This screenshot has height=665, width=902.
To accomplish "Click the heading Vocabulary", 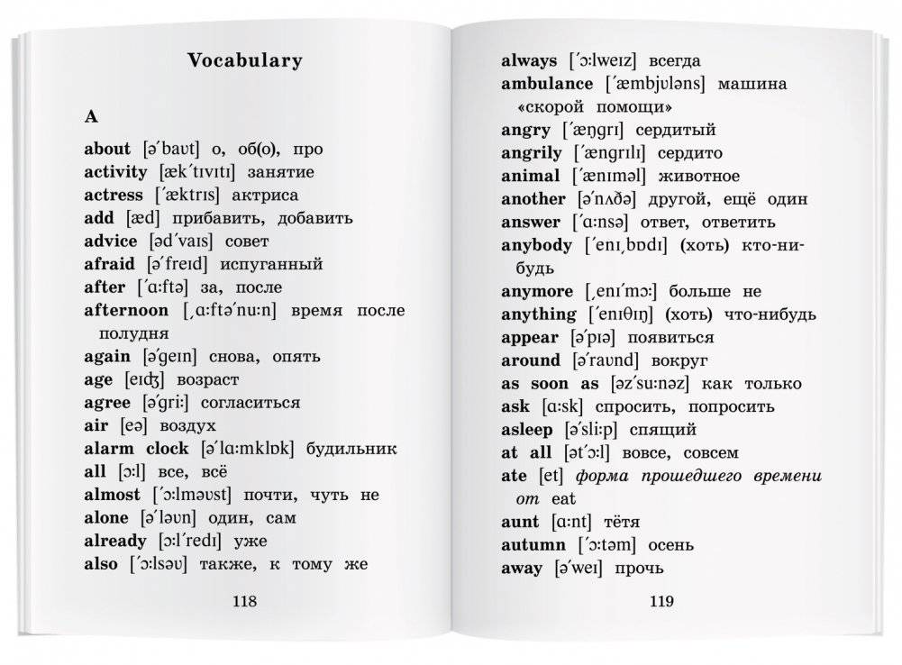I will point(244,61).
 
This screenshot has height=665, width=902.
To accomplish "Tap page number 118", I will point(244,602).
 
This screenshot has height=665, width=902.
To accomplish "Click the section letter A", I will point(90,116).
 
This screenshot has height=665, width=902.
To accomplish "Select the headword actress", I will point(114,195).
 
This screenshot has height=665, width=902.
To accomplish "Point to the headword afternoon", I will point(126,310).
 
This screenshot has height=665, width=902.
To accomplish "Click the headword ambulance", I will point(547,84).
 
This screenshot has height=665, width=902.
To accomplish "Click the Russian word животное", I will point(698,176).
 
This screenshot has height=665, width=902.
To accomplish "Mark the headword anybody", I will point(536,245).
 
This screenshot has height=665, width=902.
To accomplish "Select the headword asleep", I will point(528,430).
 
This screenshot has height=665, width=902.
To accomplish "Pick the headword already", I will point(114,541).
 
